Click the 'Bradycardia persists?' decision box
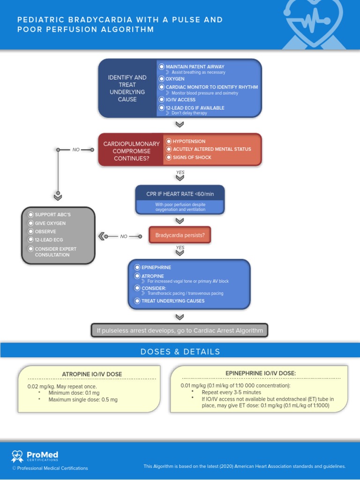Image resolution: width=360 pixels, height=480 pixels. [x=180, y=235]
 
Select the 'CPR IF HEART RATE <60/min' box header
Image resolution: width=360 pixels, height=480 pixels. [x=180, y=194]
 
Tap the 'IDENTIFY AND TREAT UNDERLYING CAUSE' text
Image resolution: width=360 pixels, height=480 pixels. [x=127, y=88]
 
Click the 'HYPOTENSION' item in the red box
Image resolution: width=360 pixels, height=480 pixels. [x=189, y=141]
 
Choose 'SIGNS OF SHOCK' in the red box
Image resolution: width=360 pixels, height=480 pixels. [x=192, y=157]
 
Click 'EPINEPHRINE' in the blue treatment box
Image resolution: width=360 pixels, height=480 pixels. [x=156, y=267]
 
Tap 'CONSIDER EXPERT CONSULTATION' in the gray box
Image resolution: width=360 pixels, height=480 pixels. [x=55, y=252]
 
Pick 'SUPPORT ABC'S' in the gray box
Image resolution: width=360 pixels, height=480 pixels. [x=52, y=215]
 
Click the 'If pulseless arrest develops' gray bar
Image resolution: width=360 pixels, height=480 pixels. [x=180, y=330]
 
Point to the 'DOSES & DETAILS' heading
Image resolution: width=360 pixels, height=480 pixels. [x=180, y=352]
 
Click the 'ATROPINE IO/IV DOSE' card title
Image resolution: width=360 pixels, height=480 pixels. [x=92, y=374]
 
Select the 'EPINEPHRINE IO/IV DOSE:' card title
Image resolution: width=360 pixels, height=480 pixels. [x=261, y=373]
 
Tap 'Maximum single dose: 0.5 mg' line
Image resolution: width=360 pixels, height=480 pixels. [x=83, y=400]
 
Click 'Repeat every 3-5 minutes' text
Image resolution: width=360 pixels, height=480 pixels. [x=231, y=392]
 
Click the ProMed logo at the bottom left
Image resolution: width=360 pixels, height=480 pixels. [x=35, y=456]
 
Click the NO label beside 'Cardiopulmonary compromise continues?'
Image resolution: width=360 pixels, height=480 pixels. [x=76, y=150]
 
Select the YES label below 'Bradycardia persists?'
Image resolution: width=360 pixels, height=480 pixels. [x=180, y=247]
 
